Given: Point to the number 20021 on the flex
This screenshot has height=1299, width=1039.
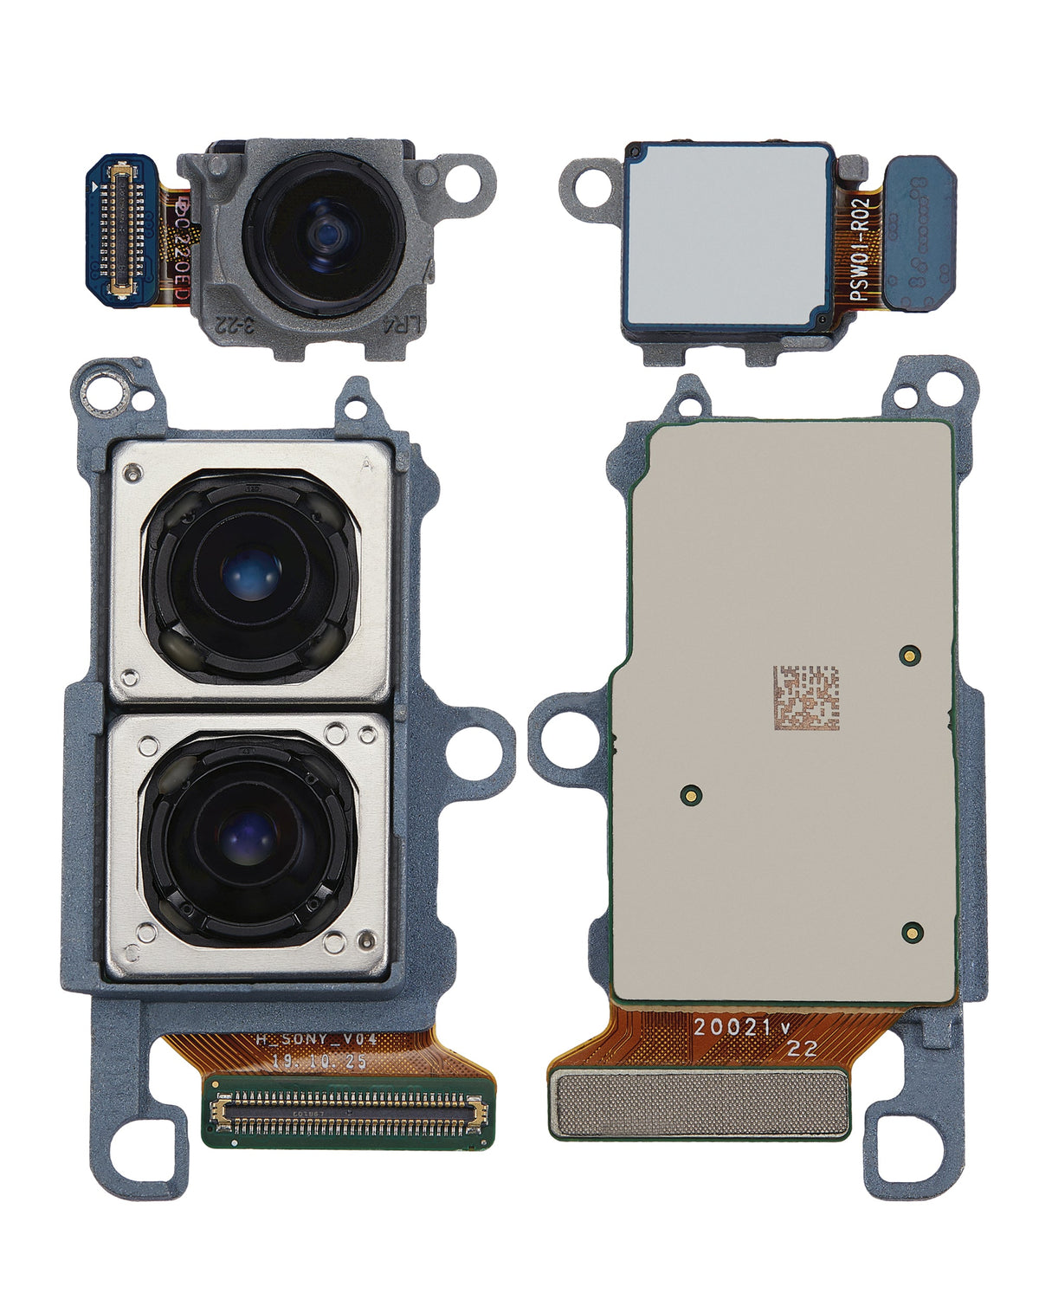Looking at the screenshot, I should click(x=732, y=1027).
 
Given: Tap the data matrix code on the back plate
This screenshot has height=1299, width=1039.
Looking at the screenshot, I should click(x=806, y=697).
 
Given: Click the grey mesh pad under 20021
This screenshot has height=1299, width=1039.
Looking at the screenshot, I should click(x=700, y=1103).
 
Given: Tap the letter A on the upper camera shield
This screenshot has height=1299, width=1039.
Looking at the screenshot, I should click(x=366, y=465).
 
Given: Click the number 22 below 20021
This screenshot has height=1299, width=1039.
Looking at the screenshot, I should click(x=802, y=1050).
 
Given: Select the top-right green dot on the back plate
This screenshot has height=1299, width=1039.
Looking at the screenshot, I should click(x=909, y=655).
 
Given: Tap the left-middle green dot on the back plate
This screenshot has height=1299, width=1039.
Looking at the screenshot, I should click(x=691, y=793).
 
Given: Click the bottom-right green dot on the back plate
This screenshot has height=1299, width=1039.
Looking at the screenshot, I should click(x=911, y=933).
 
